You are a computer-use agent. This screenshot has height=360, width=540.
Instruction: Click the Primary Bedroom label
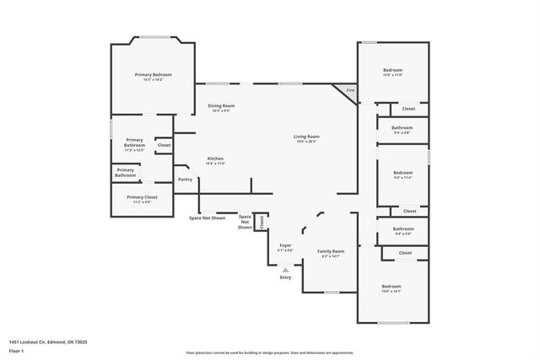click(x=153, y=74)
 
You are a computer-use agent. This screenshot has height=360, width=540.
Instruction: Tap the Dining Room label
click(x=220, y=105)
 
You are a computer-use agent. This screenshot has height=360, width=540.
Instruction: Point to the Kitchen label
click(x=216, y=159)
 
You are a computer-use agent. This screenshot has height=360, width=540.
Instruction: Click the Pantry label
click(x=185, y=179)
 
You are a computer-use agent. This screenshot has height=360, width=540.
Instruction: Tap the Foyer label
click(x=285, y=245)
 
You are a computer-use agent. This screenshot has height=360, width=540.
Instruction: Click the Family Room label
click(x=331, y=251)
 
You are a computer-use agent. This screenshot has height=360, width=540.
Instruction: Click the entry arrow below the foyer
click(x=285, y=270)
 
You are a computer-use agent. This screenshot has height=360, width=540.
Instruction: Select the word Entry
click(x=285, y=277)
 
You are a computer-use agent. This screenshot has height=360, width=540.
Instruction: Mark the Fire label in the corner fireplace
click(x=350, y=90)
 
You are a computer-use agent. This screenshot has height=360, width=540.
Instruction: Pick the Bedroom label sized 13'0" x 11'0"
click(x=392, y=70)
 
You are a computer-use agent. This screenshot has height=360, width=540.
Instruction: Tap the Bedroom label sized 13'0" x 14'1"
click(x=392, y=287)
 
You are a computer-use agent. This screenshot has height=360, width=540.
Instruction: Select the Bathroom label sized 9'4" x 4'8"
click(x=402, y=128)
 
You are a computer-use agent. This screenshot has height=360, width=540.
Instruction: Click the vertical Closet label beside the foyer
click(x=262, y=222)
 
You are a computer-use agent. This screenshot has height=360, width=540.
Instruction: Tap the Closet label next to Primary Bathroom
click(x=164, y=145)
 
